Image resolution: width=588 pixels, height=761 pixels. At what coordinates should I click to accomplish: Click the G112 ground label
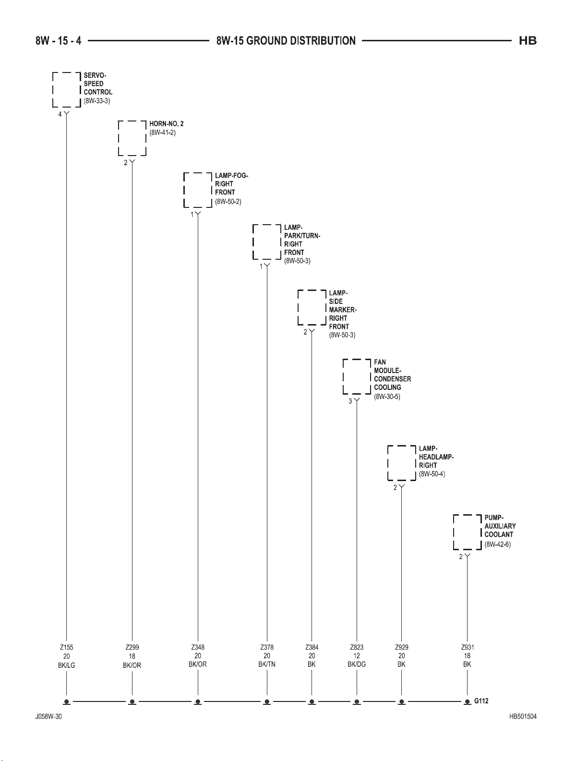coord(481,701)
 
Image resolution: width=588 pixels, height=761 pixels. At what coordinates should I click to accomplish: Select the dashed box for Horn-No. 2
coord(132,138)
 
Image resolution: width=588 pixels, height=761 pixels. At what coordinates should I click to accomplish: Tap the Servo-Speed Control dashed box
coord(66,89)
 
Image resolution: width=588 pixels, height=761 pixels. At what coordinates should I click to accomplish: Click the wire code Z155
coord(67,647)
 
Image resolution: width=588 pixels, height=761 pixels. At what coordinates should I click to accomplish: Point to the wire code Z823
coord(357,647)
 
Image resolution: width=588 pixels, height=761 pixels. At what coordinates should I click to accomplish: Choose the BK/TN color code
coord(267,664)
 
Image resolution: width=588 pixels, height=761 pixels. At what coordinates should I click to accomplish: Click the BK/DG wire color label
coord(357,664)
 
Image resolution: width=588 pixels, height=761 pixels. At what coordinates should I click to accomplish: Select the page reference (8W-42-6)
coord(497,544)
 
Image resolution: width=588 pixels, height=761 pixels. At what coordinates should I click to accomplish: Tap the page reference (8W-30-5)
coord(387,397)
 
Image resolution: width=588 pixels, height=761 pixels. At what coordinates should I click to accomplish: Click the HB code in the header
coord(528,41)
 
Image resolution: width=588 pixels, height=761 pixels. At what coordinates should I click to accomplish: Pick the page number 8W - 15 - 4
coord(58,41)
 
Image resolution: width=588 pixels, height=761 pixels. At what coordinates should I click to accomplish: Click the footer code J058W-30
coord(48,717)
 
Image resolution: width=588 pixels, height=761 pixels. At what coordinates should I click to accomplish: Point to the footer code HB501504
coord(523,717)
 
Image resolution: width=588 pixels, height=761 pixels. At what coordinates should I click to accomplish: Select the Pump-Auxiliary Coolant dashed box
coord(468,532)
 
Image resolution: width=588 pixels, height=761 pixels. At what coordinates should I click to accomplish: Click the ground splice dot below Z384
coord(312,702)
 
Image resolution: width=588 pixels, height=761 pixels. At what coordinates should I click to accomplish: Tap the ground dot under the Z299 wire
coord(132,702)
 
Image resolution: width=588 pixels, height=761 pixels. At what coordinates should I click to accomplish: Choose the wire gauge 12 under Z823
coord(357,656)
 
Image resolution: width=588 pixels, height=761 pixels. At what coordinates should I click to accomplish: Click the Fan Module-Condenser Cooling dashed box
coord(357,376)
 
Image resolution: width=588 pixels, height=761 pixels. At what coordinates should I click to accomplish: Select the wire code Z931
coord(468,647)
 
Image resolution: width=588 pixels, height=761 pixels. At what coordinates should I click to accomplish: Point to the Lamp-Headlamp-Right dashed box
coord(402,463)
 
